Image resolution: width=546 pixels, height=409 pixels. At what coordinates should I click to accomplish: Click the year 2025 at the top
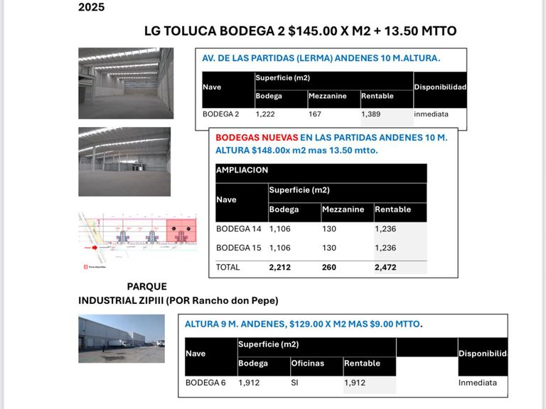point(91,8)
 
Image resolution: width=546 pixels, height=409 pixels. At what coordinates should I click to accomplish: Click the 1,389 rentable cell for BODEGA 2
point(371,114)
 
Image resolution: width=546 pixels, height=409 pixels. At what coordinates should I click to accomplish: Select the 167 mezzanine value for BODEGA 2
point(315,114)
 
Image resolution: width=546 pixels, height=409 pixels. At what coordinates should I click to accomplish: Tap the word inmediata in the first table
point(432,114)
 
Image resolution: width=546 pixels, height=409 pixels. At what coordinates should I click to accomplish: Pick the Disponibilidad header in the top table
point(440,87)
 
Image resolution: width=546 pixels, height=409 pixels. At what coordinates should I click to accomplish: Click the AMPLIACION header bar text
point(242,170)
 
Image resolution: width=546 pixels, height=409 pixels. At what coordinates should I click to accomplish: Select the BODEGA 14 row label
point(239,229)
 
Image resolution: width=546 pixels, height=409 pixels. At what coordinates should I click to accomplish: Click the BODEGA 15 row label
point(239,248)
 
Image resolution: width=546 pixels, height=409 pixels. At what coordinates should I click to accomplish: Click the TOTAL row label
point(228,268)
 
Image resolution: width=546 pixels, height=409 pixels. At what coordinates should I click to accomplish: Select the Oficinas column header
point(307,363)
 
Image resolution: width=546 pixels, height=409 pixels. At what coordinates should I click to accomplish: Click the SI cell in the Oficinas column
point(296,383)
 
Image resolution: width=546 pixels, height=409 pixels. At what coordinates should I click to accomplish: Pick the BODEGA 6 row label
point(205,383)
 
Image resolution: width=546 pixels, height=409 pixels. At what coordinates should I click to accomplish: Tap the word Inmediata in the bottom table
point(478,383)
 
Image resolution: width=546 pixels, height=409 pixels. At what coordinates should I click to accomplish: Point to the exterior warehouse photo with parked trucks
point(121,339)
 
